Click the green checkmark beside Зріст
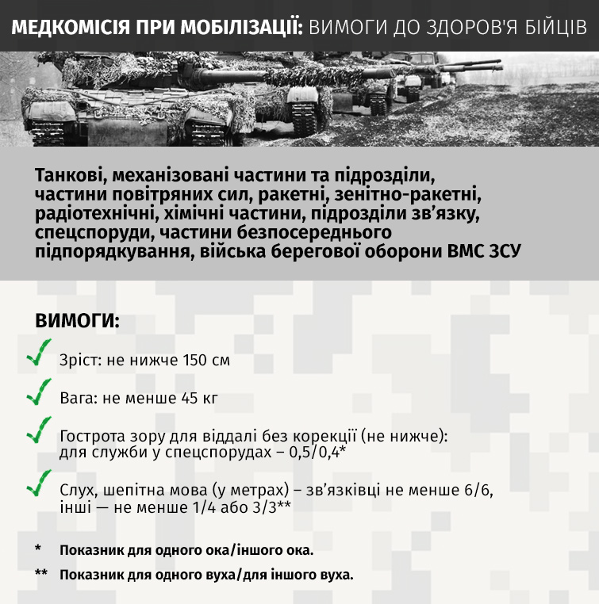pyautogui.click(x=38, y=356)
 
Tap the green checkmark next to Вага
pyautogui.click(x=38, y=393)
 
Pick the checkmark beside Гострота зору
pyautogui.click(x=38, y=432)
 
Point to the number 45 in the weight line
pyautogui.click(x=187, y=398)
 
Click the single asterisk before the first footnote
pyautogui.click(x=38, y=549)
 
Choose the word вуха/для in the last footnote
pyautogui.click(x=261, y=575)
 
